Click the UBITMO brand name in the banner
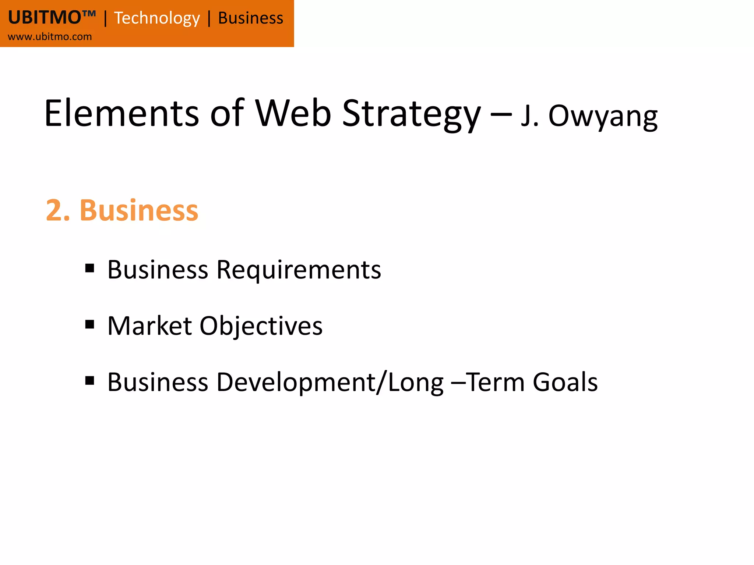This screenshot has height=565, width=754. [45, 18]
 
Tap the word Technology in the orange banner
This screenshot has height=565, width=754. [157, 18]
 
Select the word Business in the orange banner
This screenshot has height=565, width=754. [251, 18]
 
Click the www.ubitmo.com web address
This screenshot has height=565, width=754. [50, 37]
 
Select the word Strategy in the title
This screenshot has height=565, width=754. [411, 115]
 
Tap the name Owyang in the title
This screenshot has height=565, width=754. [603, 117]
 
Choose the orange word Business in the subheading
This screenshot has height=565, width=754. [139, 210]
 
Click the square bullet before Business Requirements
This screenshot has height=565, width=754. [89, 268]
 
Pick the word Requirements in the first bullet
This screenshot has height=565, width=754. [299, 270]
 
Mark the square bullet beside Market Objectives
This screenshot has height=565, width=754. [89, 324]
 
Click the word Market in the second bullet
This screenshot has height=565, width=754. [149, 326]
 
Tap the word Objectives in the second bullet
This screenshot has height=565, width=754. [261, 327]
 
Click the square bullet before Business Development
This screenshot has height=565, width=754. [89, 380]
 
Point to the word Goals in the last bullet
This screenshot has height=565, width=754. [565, 382]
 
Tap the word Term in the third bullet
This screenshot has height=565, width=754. [496, 382]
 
